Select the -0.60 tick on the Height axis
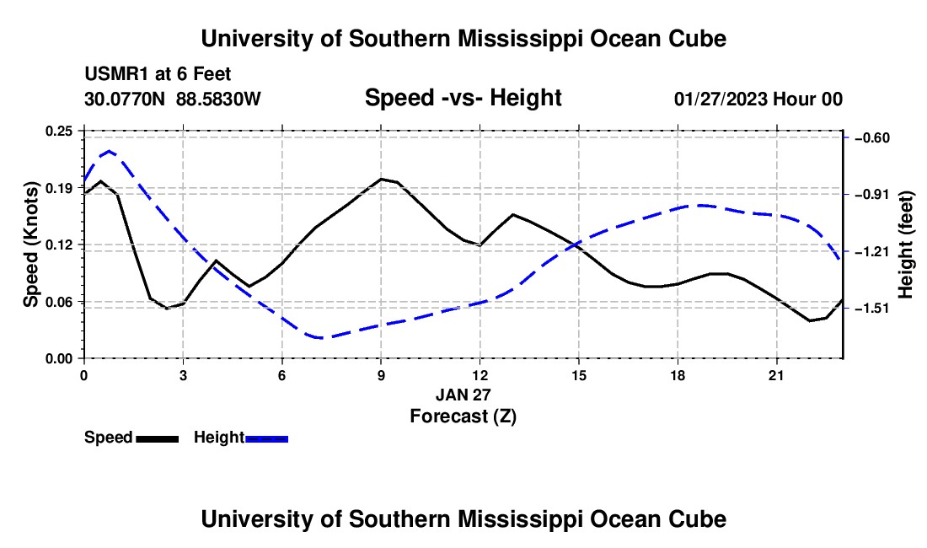[872, 137]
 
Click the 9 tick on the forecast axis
[381, 375]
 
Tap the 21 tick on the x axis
[776, 375]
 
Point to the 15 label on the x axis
[579, 375]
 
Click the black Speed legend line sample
[158, 439]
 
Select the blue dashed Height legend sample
[266, 439]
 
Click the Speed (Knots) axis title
[30, 244]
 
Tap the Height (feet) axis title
[906, 244]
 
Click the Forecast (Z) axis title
[463, 416]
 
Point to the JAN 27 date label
[463, 395]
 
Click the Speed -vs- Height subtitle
[463, 98]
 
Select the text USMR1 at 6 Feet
[158, 74]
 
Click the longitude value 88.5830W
[218, 99]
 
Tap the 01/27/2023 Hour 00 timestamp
[758, 99]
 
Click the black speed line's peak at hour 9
[381, 179]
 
